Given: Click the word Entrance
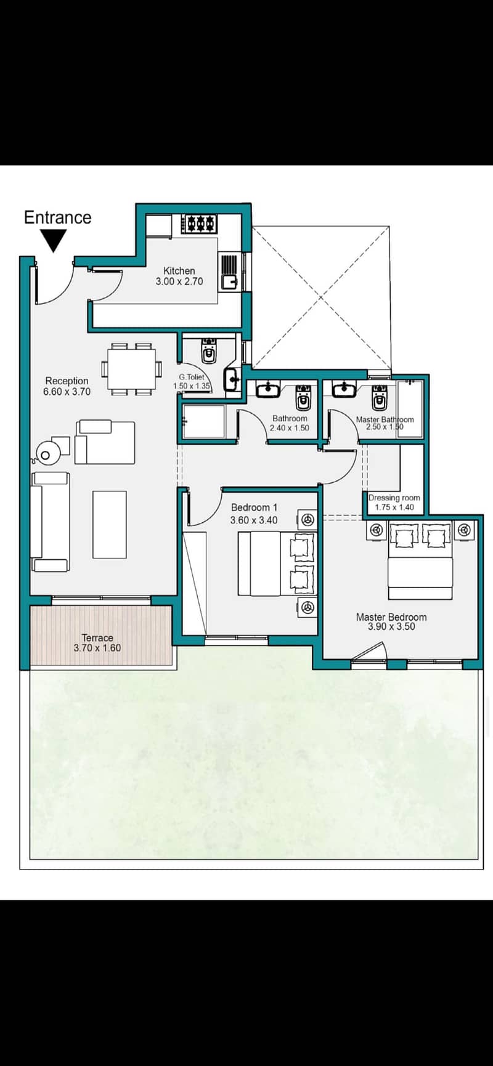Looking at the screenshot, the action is [57, 217].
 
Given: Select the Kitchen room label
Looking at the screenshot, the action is [179, 270].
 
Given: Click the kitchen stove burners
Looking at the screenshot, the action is [201, 223].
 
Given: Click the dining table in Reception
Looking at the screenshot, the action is [131, 369].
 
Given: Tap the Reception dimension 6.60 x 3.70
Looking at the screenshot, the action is [67, 392].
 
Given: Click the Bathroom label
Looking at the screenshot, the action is [290, 418].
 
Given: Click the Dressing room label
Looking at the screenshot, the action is [394, 498].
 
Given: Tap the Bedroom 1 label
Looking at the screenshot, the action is [254, 507].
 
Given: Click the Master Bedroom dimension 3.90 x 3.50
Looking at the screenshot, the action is [391, 627].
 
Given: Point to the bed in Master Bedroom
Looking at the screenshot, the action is [420, 561].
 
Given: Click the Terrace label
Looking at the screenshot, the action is [97, 638].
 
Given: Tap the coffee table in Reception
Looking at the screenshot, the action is [110, 524].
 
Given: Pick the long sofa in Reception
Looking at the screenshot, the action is [50, 522].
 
